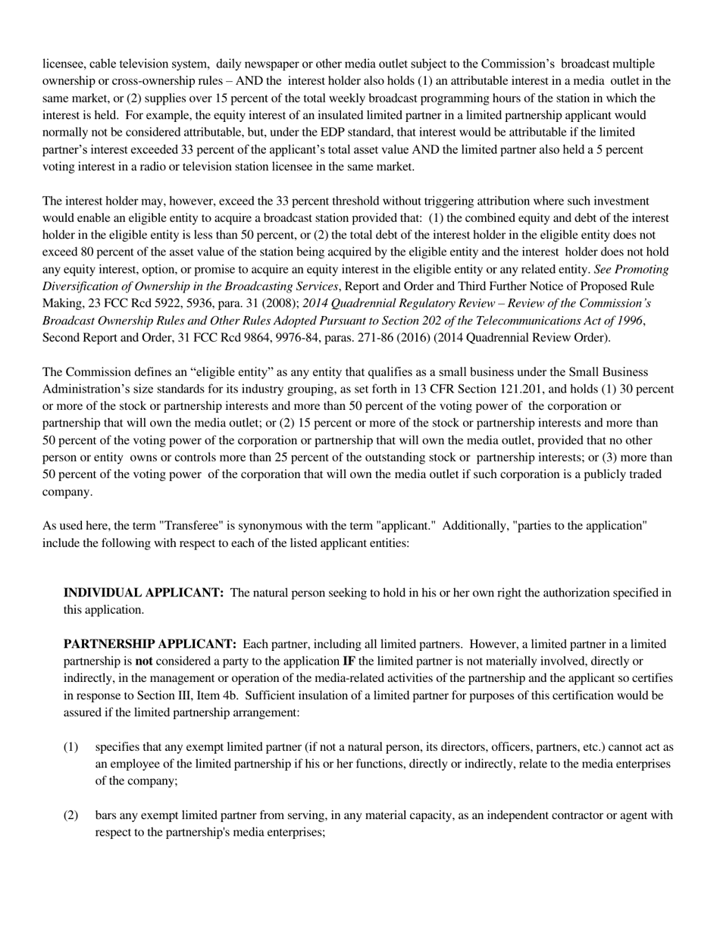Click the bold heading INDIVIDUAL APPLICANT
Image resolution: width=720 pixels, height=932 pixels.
143,593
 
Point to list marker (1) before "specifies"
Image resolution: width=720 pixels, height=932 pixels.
70,747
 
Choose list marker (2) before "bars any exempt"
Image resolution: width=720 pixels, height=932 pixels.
70,815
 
